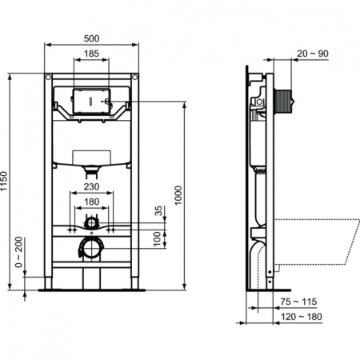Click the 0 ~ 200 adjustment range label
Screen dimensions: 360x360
[x=18, y=250]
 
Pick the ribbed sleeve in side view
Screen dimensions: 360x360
[x=283, y=102]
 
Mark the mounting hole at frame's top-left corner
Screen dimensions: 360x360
[x=49, y=78]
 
